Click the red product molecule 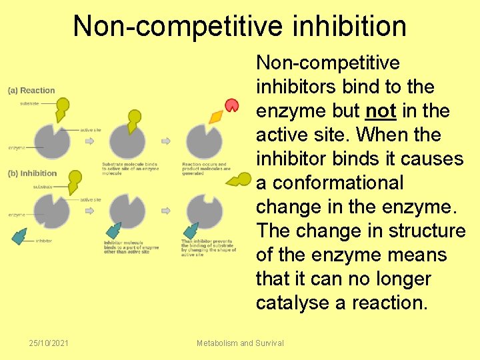click(231, 105)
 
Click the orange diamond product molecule click(216, 117)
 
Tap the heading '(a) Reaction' click(31, 91)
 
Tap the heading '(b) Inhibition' click(33, 173)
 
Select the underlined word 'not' click(381, 111)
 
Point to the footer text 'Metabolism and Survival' click(240, 343)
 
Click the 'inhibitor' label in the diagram click(44, 240)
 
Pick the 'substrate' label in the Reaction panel click(29, 103)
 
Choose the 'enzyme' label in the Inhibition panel click(17, 215)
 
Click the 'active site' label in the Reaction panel click(91, 130)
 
